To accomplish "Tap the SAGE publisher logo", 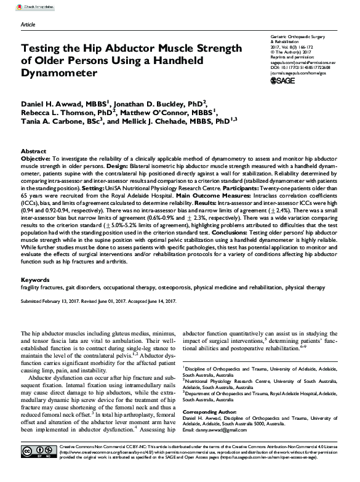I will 284,80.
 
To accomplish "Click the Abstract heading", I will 33,151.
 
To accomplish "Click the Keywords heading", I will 35,279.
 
